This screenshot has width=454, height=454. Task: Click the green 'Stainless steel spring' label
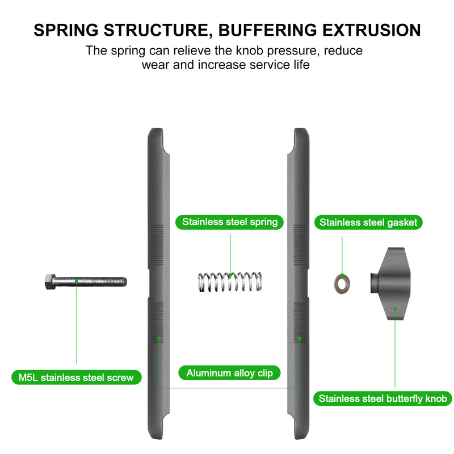click(x=229, y=221)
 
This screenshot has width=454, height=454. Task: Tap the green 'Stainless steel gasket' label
click(x=368, y=222)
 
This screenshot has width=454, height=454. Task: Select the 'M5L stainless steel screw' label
click(x=76, y=377)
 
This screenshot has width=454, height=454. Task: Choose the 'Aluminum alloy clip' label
click(x=229, y=373)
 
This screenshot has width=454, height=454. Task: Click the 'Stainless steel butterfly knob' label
click(x=383, y=398)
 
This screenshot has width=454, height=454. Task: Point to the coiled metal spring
click(x=229, y=281)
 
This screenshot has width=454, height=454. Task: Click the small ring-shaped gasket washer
click(x=342, y=282)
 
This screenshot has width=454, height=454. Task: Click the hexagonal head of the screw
click(x=49, y=280)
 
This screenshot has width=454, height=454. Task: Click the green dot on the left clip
click(x=160, y=339)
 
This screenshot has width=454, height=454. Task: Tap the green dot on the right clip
click(x=299, y=339)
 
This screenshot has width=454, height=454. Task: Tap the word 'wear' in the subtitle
click(x=155, y=64)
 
